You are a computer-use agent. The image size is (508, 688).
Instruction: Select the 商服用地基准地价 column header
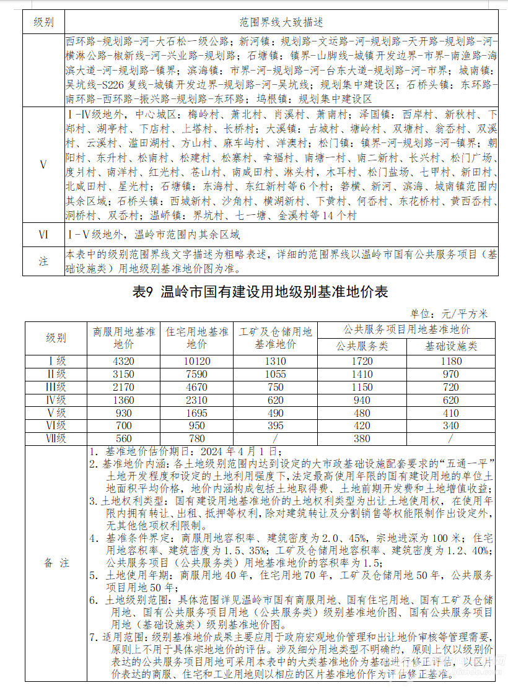pos(123,337)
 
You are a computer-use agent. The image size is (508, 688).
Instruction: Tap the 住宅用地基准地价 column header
pos(196,337)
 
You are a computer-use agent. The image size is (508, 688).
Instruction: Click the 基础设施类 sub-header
pos(451,346)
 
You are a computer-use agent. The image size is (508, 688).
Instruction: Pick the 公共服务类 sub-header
pos(362,346)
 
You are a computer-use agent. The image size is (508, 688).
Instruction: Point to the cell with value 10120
pos(196,362)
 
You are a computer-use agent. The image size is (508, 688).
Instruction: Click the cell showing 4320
pos(123,362)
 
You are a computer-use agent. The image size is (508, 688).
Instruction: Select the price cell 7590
pos(196,374)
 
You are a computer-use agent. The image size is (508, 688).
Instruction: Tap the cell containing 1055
pos(275,374)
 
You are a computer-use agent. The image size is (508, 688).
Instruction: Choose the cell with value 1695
pos(196,413)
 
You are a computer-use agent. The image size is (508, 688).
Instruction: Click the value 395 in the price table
pos(275,426)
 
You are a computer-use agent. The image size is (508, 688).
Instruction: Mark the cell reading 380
pos(362,439)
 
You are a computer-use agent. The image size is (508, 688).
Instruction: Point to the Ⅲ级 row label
pos(55,387)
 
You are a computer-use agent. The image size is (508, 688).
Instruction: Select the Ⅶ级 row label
pos(55,439)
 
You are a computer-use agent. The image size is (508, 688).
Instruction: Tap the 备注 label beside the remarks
pos(56,563)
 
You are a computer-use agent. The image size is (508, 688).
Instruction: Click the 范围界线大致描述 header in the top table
pos(281,22)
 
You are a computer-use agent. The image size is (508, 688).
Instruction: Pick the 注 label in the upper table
pos(43,261)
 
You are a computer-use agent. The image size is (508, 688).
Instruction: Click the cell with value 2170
pos(123,387)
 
